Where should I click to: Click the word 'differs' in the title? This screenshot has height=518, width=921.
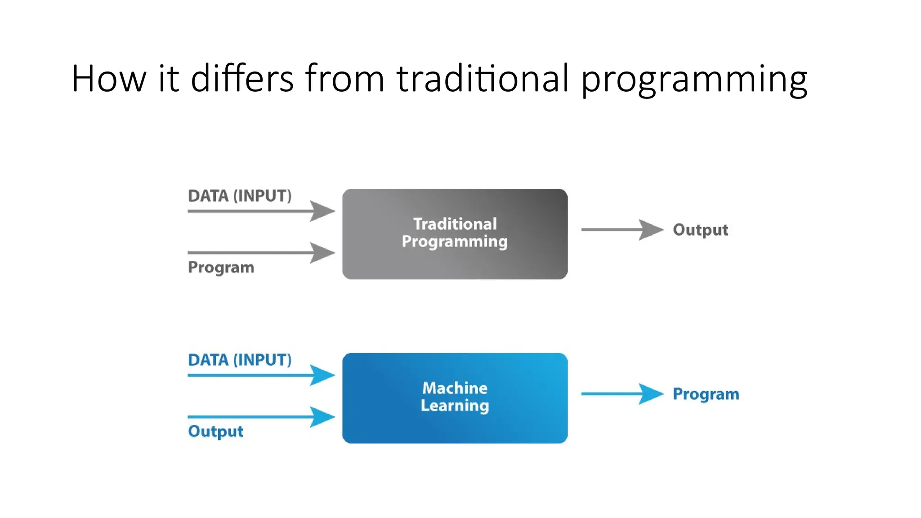[x=242, y=78]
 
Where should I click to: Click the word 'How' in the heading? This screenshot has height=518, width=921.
[x=109, y=78]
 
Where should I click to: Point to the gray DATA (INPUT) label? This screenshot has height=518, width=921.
[x=240, y=196]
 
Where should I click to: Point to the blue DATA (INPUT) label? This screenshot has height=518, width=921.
[x=240, y=360]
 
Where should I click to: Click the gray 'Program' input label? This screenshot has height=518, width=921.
[x=221, y=268]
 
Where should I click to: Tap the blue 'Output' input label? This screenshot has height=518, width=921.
[x=215, y=432]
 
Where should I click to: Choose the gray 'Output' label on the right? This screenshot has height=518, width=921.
[x=700, y=230]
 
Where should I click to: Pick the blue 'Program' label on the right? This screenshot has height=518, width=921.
[x=706, y=394]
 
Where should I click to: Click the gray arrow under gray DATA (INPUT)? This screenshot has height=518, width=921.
[x=261, y=211]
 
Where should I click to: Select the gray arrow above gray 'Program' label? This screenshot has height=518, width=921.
[x=261, y=253]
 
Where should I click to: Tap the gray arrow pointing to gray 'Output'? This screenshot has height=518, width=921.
[x=622, y=230]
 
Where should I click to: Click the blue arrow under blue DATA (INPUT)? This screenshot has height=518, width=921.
[x=261, y=375]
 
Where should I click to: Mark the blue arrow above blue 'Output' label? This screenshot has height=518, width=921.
[x=261, y=417]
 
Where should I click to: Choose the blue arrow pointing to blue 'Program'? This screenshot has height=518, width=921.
[x=622, y=394]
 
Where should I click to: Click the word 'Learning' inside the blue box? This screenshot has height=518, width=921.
[x=455, y=406]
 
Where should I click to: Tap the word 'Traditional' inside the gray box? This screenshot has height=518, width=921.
[x=455, y=224]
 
